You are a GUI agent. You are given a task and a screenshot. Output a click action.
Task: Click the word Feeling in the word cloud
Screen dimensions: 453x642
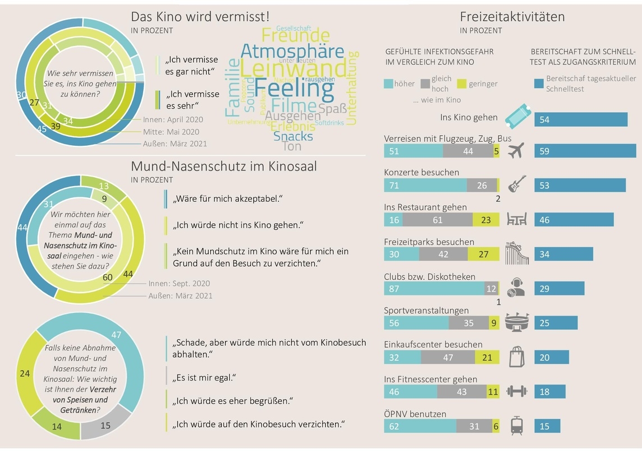coord(287,89)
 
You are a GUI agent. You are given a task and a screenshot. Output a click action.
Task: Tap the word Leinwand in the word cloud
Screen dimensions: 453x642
coord(295,69)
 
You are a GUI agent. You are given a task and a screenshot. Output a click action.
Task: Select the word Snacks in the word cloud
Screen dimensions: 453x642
coord(293,136)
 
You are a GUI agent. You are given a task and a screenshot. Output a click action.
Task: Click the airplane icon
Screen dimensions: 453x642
coord(515,150)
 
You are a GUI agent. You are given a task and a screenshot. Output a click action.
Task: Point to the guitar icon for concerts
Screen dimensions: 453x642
coord(516,184)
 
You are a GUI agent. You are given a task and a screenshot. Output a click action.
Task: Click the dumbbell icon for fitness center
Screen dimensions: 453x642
coord(516,391)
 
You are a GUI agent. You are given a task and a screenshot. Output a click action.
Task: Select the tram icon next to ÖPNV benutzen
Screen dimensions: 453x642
coord(516,426)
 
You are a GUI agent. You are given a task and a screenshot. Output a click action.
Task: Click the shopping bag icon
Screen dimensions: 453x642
coord(516,357)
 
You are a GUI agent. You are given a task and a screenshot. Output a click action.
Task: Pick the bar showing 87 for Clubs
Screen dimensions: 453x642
coord(434,289)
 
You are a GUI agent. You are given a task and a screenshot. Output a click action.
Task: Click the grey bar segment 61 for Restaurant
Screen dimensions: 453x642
coord(438,220)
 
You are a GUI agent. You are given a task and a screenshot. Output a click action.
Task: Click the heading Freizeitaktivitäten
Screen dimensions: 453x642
coord(512,17)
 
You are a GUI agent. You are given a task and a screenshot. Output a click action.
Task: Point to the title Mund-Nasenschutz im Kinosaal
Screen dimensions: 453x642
coord(223,166)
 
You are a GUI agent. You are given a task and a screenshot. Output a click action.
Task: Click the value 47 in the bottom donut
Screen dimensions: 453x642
coord(117,335)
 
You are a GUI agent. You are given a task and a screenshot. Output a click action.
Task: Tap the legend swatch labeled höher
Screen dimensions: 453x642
coord(388,84)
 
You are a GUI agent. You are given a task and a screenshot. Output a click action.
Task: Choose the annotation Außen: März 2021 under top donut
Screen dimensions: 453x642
coord(175,144)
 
